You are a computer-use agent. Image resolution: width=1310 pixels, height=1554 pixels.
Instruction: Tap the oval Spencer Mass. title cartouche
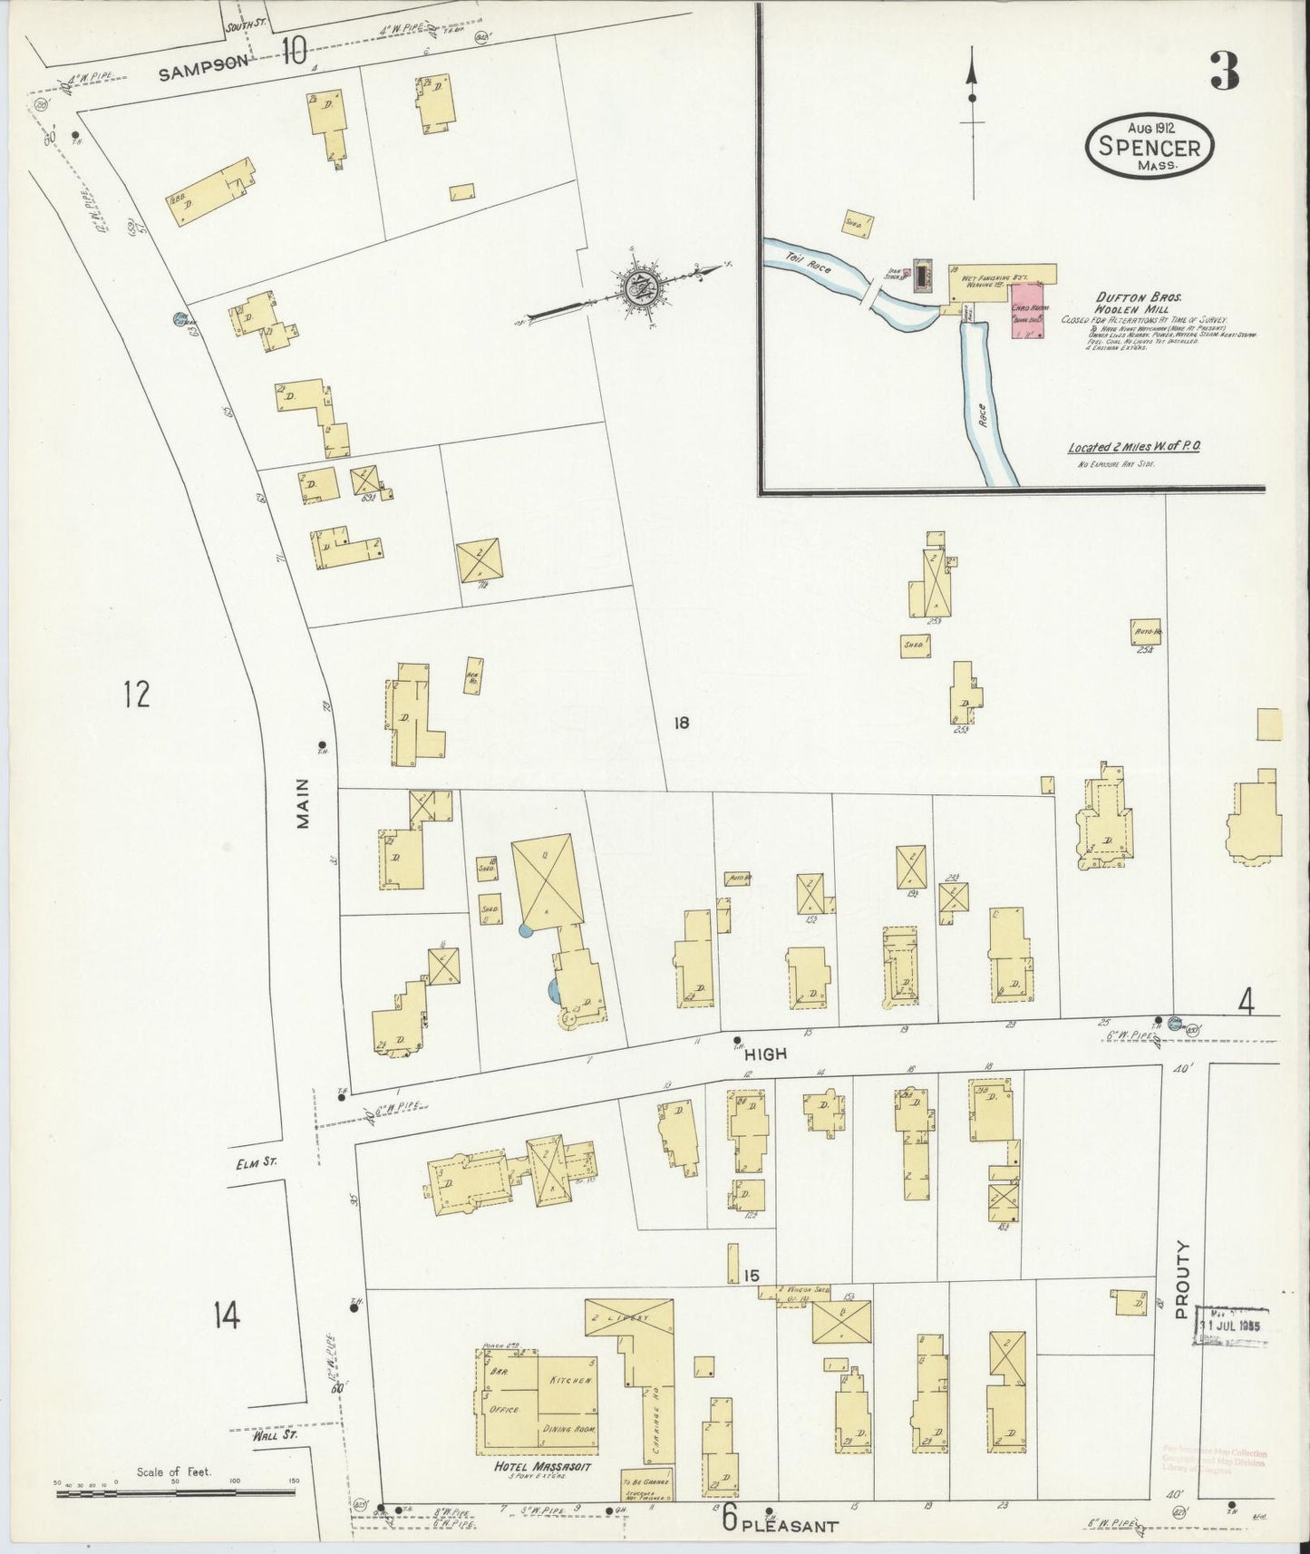click(1150, 146)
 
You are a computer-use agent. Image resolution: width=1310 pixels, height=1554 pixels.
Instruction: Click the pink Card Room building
click(1027, 310)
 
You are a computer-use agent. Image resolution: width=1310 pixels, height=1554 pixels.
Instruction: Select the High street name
click(765, 1054)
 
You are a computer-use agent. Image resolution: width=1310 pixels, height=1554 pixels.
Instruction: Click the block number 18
click(682, 723)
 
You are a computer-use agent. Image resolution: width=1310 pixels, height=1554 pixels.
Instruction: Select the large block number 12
click(136, 694)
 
